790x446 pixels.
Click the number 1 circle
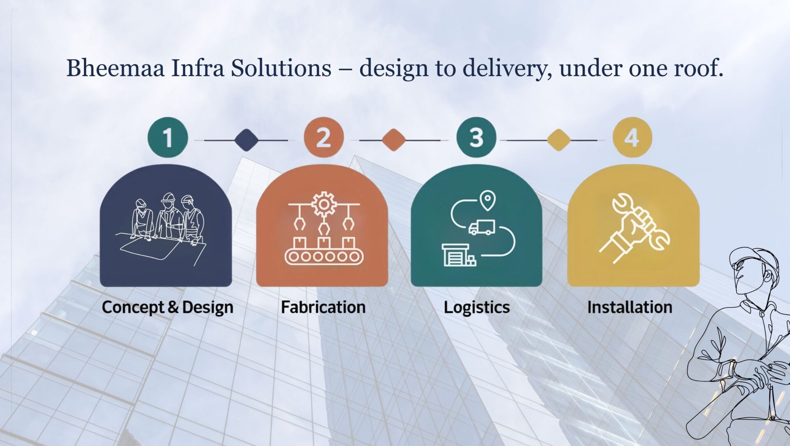click(x=167, y=137)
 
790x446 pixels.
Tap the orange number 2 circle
click(x=323, y=137)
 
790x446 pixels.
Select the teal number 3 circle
click(x=476, y=137)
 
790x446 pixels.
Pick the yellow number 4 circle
click(x=632, y=137)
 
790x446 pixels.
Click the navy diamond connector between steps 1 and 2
click(x=246, y=140)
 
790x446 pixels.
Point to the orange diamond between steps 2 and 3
click(x=394, y=140)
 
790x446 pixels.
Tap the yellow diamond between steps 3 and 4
click(x=558, y=140)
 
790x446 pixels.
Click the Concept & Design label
click(x=167, y=307)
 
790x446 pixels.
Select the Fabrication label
click(x=323, y=307)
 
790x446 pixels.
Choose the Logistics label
click(x=476, y=307)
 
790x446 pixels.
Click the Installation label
click(x=630, y=307)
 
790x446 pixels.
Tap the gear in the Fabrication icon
click(x=324, y=204)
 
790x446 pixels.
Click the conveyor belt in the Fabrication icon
click(x=324, y=257)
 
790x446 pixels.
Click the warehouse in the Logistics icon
click(x=455, y=255)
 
